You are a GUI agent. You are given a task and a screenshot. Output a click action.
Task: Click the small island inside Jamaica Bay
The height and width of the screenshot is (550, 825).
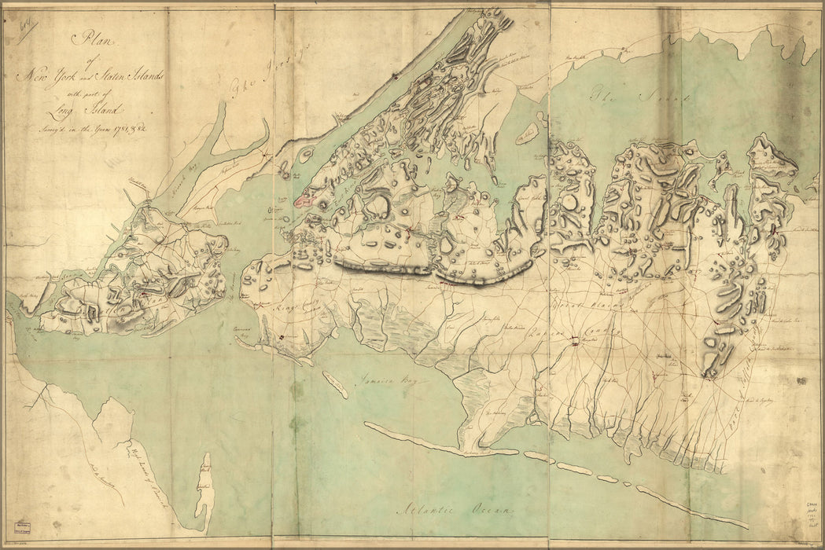click(x=336, y=385)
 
